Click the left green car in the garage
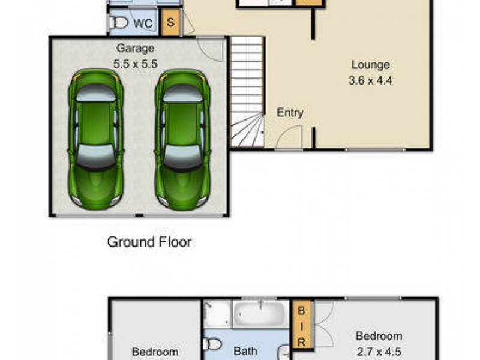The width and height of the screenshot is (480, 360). tap(95, 139)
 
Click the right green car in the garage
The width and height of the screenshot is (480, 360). tap(182, 139)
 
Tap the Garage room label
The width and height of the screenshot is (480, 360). tap(135, 48)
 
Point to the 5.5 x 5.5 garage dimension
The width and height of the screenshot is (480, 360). tap(135, 62)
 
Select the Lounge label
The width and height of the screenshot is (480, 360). tap(370, 65)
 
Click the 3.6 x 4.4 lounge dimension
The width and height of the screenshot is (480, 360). tap(370, 79)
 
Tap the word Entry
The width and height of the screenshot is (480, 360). tap(290, 112)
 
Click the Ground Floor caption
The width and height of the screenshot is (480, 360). tap(149, 242)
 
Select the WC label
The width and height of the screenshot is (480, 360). tap(143, 23)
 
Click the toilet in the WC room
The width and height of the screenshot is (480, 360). tap(119, 23)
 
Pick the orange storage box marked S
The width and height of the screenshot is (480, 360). tap(171, 23)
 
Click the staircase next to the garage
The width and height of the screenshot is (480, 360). tap(247, 90)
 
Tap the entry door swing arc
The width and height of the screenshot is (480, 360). tap(289, 137)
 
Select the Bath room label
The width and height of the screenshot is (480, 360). tap(245, 351)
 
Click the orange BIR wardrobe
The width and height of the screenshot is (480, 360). tap(302, 325)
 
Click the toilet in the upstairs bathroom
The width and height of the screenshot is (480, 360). tap(212, 344)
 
